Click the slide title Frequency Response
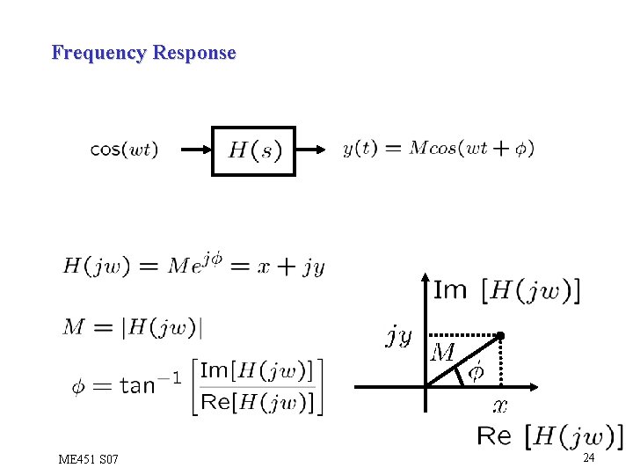point(143,53)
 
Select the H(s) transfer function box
point(253,150)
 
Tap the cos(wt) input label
point(125,150)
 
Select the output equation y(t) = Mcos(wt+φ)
point(438,149)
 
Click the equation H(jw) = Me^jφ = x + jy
point(193,265)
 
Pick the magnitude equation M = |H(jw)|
point(132,327)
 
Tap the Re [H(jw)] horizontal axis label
point(549,436)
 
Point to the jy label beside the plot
point(398,334)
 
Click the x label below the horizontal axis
point(499,406)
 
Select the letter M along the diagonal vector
point(442,354)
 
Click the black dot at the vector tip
point(499,335)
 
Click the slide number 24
point(589,458)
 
